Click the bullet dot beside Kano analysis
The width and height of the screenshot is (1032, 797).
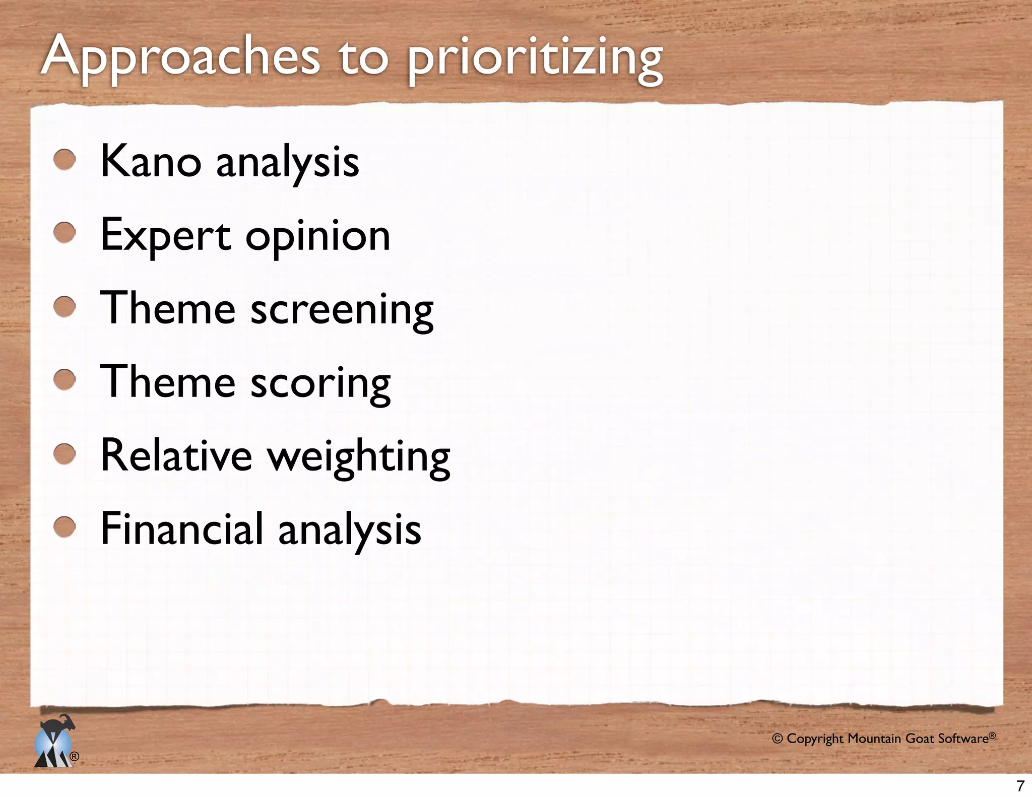[x=64, y=160]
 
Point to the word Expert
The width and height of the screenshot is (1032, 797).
[x=165, y=235]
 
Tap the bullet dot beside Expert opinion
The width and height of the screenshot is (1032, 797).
[x=64, y=233]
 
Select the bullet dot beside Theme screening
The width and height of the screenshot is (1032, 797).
[x=64, y=306]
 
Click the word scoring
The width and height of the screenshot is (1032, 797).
[x=320, y=383]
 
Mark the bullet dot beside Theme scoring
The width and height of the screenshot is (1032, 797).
[x=64, y=380]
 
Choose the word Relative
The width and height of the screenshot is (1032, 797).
[x=176, y=455]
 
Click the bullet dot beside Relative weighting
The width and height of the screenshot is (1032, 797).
[x=64, y=453]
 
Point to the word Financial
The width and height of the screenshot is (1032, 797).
[x=182, y=528]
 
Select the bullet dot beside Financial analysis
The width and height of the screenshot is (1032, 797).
[x=64, y=527]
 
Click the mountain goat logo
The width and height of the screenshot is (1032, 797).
[x=54, y=742]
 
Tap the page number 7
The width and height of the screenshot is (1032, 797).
[x=1020, y=785]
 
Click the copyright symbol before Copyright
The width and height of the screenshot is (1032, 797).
[x=778, y=739]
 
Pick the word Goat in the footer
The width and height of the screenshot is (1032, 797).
[x=920, y=739]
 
